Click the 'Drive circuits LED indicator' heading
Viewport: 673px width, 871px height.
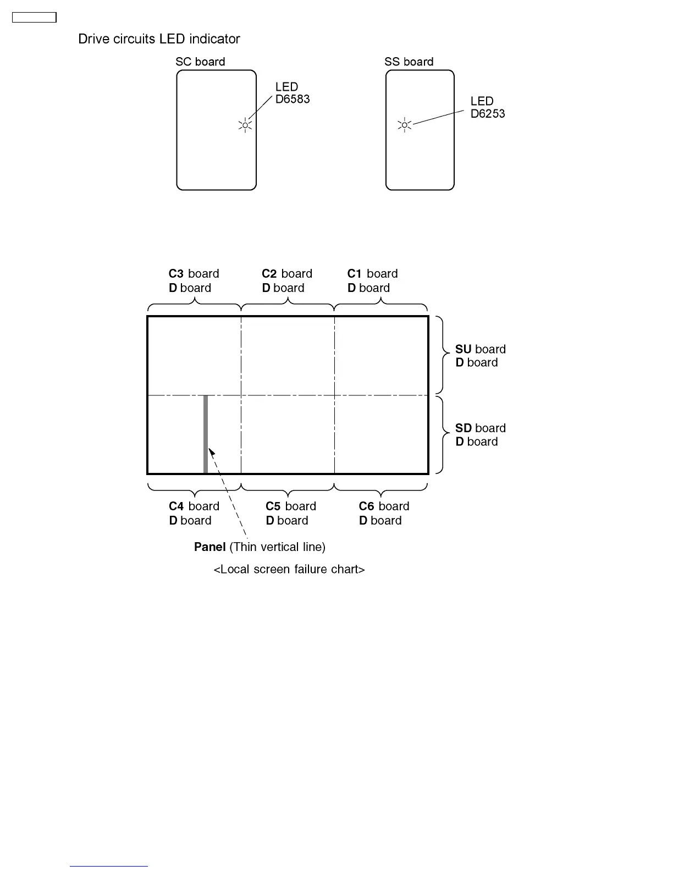159,39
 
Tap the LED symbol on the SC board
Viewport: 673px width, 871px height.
245,125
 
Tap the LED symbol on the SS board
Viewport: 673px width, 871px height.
405,125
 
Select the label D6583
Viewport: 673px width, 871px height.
293,100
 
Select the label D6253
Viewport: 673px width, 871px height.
488,114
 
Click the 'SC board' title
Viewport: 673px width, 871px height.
200,62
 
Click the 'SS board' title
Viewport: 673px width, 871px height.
409,62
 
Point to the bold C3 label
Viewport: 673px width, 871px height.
176,274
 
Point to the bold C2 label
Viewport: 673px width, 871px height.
269,274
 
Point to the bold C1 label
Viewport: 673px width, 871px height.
355,274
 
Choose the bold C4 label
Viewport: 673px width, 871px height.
176,506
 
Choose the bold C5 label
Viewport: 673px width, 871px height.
273,506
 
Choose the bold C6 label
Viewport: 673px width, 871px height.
367,506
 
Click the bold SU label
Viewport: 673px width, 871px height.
464,349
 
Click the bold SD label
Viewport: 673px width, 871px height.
464,428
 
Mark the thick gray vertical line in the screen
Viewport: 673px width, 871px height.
206,434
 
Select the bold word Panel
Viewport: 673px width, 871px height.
210,547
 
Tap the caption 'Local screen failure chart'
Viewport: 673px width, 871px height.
289,569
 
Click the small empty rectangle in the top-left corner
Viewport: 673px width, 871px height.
34,18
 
